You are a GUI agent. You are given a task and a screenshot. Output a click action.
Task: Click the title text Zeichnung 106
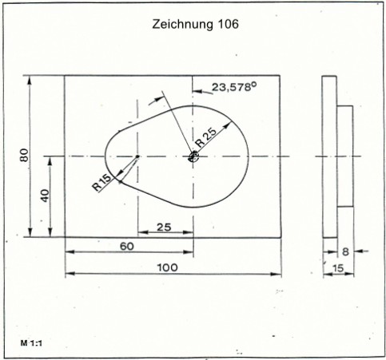point(195,25)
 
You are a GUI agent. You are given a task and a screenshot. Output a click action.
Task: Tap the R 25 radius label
point(205,138)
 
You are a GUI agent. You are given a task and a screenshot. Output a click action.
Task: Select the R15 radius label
point(101,182)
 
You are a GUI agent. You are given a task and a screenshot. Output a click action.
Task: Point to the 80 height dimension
point(24,155)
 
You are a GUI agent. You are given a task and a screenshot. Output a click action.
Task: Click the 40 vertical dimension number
point(46,196)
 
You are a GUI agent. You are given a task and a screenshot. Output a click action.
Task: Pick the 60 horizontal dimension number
point(127,247)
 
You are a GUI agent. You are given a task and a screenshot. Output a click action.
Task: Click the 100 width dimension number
point(167,267)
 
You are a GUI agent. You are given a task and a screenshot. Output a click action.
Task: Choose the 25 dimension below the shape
point(164,227)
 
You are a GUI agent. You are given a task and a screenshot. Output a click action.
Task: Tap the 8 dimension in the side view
point(345,251)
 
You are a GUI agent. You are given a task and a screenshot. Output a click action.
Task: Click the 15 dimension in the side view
point(338,268)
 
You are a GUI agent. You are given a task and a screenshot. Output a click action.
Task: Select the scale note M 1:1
point(31,343)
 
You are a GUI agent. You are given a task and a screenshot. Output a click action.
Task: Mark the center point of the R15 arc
point(137,156)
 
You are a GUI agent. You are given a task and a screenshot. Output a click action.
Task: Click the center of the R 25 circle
point(193,156)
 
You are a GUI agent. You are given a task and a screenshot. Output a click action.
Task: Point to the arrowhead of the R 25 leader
point(228,125)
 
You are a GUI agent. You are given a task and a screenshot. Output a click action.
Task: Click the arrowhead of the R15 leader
point(120,173)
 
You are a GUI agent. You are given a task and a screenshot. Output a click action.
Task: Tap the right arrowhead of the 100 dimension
point(277,274)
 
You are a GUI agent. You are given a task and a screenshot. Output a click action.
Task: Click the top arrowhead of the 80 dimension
point(30,81)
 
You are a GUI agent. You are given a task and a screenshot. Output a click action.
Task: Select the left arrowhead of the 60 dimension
point(70,251)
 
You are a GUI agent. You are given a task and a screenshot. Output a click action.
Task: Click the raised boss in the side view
point(345,156)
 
